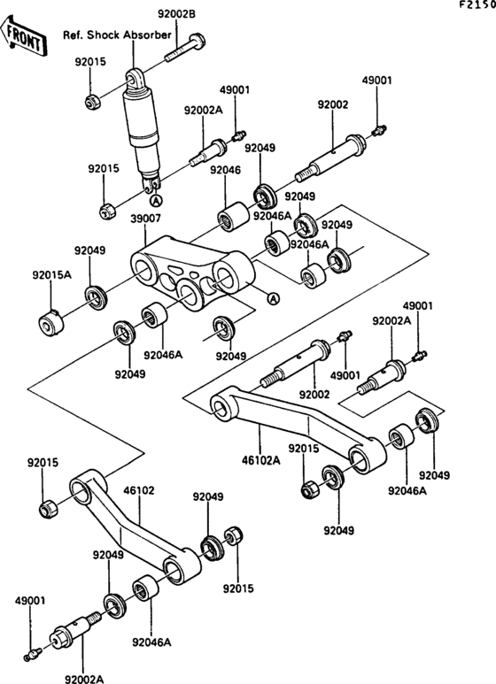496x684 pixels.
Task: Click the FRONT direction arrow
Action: coord(23,36)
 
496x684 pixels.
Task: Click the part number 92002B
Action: coord(176,14)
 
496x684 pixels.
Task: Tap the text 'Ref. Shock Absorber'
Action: coord(117,35)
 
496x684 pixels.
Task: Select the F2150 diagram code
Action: coord(477,4)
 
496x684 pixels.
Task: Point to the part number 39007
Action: coord(145,218)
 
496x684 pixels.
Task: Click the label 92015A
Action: coord(51,275)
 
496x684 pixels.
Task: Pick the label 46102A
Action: coord(260,460)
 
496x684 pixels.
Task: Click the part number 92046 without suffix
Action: coord(225,170)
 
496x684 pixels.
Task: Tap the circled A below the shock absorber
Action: coord(155,201)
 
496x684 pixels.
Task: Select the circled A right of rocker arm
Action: coord(273,298)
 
